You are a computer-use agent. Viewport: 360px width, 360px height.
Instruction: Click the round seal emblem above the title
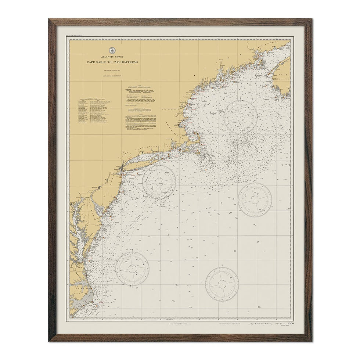pos(112,50)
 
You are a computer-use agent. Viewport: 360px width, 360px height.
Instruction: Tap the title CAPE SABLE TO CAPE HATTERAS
pos(112,62)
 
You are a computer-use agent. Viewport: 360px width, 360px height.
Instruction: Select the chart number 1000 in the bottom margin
pos(291,323)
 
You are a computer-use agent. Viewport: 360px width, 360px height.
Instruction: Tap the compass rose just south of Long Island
pos(159,182)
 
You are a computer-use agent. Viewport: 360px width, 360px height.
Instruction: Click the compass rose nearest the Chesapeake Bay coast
pos(132,269)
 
